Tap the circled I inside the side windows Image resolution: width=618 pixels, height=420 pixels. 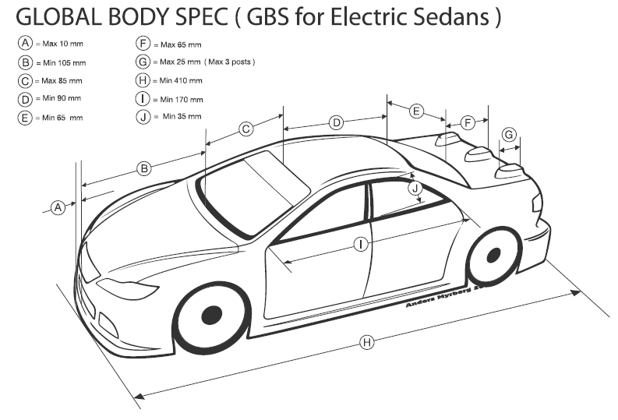(361, 244)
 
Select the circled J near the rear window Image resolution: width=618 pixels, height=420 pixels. (415, 188)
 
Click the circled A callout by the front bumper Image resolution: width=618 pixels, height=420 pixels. (57, 207)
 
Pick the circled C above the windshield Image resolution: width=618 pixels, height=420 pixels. (245, 129)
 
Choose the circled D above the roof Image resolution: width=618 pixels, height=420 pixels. (336, 122)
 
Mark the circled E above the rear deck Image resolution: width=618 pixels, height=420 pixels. (417, 111)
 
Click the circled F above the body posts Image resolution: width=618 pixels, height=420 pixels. (468, 123)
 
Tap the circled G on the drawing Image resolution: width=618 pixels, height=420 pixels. (509, 135)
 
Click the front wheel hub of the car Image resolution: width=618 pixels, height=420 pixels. (210, 316)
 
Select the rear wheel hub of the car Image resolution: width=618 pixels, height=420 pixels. (493, 255)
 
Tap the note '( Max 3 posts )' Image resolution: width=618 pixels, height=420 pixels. (231, 62)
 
